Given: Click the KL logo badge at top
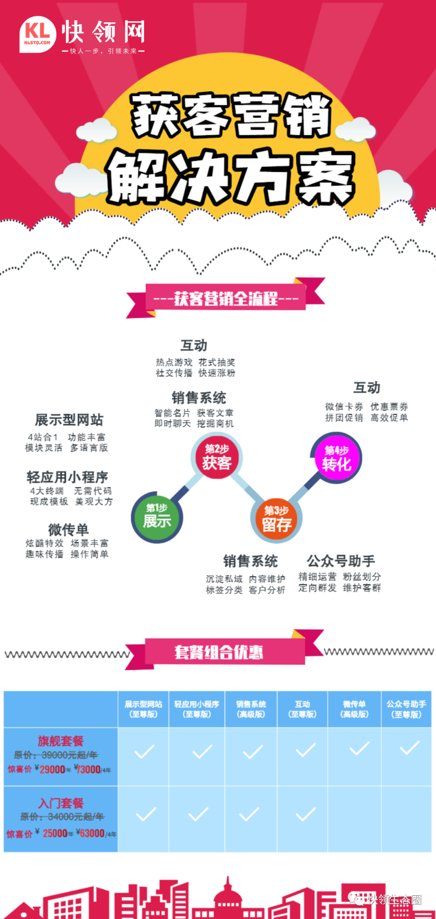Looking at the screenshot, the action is coord(38,35).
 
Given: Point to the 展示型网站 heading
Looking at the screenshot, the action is coord(69,420).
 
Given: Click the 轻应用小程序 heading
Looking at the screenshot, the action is coord(67,477).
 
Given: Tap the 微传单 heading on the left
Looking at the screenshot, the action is coord(68,529).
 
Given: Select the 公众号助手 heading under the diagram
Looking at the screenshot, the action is coord(341,561).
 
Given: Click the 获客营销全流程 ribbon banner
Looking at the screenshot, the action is coord(226,298).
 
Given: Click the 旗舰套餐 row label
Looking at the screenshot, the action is coord(61,741).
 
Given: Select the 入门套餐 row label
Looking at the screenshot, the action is coord(61,803).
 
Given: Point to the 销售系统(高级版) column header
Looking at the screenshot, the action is coord(251,709).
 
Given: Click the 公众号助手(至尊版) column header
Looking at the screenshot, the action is coord(406,709).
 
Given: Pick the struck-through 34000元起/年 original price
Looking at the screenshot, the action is coord(76,817).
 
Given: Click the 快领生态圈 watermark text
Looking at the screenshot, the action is coord(394,900).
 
